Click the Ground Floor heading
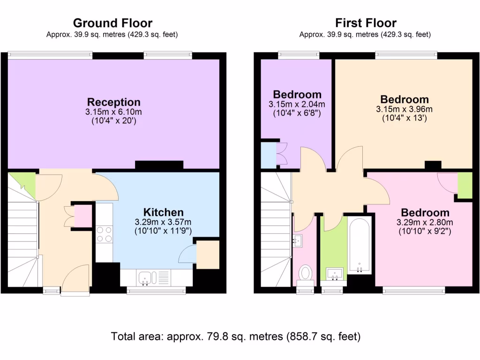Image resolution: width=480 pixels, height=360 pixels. (x=112, y=23)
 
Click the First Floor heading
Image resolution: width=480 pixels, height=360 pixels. (x=366, y=23)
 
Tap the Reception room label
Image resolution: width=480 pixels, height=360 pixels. (x=114, y=102)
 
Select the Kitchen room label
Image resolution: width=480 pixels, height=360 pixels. (x=163, y=212)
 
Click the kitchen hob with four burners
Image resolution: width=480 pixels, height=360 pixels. (x=104, y=234)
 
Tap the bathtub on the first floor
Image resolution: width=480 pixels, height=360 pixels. (x=360, y=245)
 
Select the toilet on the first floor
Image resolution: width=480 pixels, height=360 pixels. (x=306, y=272)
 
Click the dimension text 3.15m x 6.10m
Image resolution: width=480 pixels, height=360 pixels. (x=114, y=112)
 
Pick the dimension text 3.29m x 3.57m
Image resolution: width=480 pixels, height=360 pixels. (x=163, y=222)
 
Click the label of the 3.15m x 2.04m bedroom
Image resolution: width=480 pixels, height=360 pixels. (x=297, y=94)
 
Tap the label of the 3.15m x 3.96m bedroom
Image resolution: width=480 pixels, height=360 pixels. (x=404, y=99)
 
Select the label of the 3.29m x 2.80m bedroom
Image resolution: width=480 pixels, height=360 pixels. (x=425, y=212)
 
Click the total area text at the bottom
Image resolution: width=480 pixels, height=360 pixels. (x=235, y=336)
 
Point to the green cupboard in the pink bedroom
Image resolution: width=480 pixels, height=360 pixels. (x=465, y=185)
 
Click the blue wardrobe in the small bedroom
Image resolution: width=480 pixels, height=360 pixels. (x=268, y=154)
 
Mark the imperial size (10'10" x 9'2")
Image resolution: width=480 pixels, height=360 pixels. (x=425, y=231)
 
